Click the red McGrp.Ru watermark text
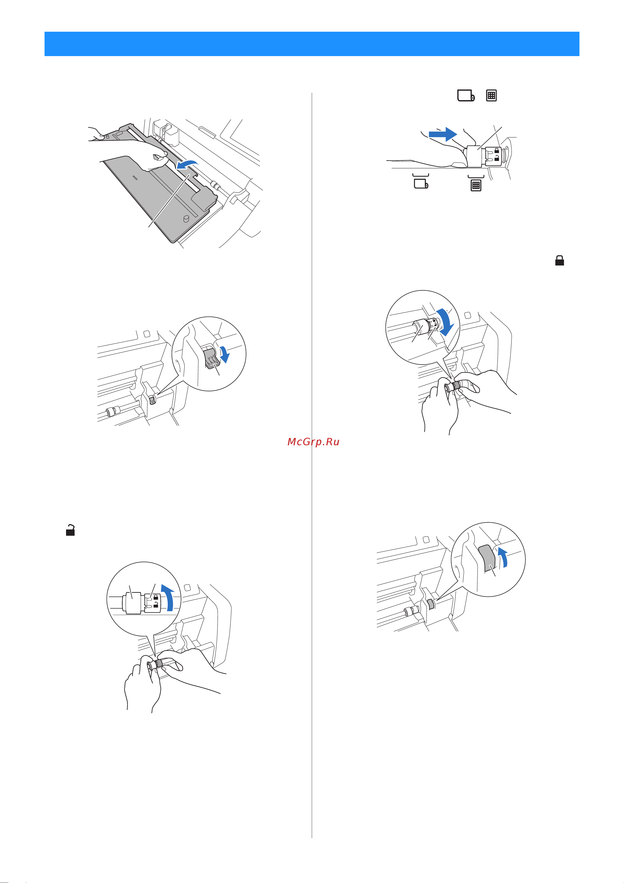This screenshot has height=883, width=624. (313, 442)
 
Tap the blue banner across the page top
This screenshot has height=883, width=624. (312, 44)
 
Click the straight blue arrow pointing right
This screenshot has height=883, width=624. (443, 134)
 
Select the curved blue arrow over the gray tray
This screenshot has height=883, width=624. (187, 164)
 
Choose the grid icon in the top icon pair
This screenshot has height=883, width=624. (491, 95)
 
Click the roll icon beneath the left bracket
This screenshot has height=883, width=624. (421, 184)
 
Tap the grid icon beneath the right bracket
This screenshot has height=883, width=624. (476, 185)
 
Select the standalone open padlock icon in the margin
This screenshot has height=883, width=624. (70, 530)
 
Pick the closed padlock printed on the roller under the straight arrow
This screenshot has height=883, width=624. (497, 151)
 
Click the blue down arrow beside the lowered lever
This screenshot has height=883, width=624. (224, 354)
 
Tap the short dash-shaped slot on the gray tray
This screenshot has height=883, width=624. (134, 178)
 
